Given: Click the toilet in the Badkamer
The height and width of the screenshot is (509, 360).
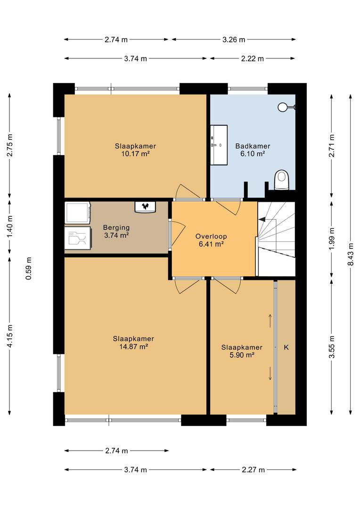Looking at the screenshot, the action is point(281,180).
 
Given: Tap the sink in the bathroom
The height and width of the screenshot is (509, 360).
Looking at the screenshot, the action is point(219,145).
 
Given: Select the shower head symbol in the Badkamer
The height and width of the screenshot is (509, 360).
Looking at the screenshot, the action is point(286,107).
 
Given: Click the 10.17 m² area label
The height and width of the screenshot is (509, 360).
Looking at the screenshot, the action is point(135,154).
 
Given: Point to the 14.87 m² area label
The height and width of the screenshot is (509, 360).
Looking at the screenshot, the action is point(134,347).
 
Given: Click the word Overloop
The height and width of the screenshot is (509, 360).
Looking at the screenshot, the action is point(211,236).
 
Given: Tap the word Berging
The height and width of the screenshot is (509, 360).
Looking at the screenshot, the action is point(116,228).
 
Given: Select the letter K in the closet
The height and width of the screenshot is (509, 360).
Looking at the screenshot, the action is point(286,347).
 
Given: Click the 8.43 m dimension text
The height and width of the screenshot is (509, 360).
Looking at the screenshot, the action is point(351,254).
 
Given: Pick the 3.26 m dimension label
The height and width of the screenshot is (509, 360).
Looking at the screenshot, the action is point(234,40).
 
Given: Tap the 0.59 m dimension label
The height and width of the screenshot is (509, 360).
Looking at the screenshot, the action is point(29,269).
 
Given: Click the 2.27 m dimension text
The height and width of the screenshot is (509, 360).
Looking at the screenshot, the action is point(253,470).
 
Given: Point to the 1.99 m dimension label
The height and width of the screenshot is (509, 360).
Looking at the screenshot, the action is point(331,239).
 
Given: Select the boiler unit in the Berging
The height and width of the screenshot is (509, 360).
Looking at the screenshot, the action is point(145,207).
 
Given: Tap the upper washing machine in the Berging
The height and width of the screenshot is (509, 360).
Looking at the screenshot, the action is point(78,213).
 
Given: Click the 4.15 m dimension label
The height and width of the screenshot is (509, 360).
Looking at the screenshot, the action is point(10,336).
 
